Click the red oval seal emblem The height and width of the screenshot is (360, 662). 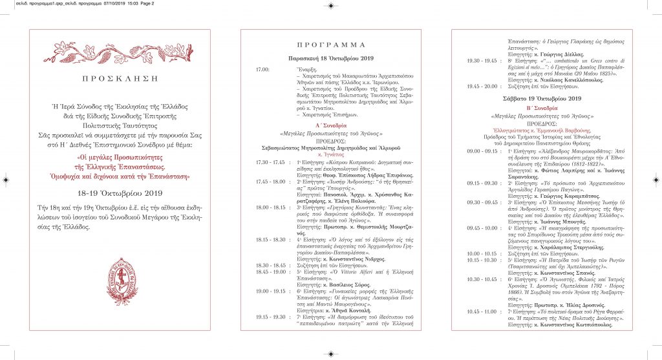click(x=121, y=281)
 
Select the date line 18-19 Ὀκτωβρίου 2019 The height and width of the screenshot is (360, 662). click(x=121, y=175)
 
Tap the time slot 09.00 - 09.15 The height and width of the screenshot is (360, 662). click(x=482, y=151)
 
